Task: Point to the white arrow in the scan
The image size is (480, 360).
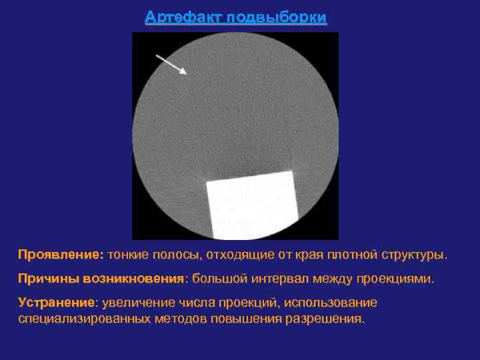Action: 171,65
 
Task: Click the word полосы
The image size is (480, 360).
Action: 178,255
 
